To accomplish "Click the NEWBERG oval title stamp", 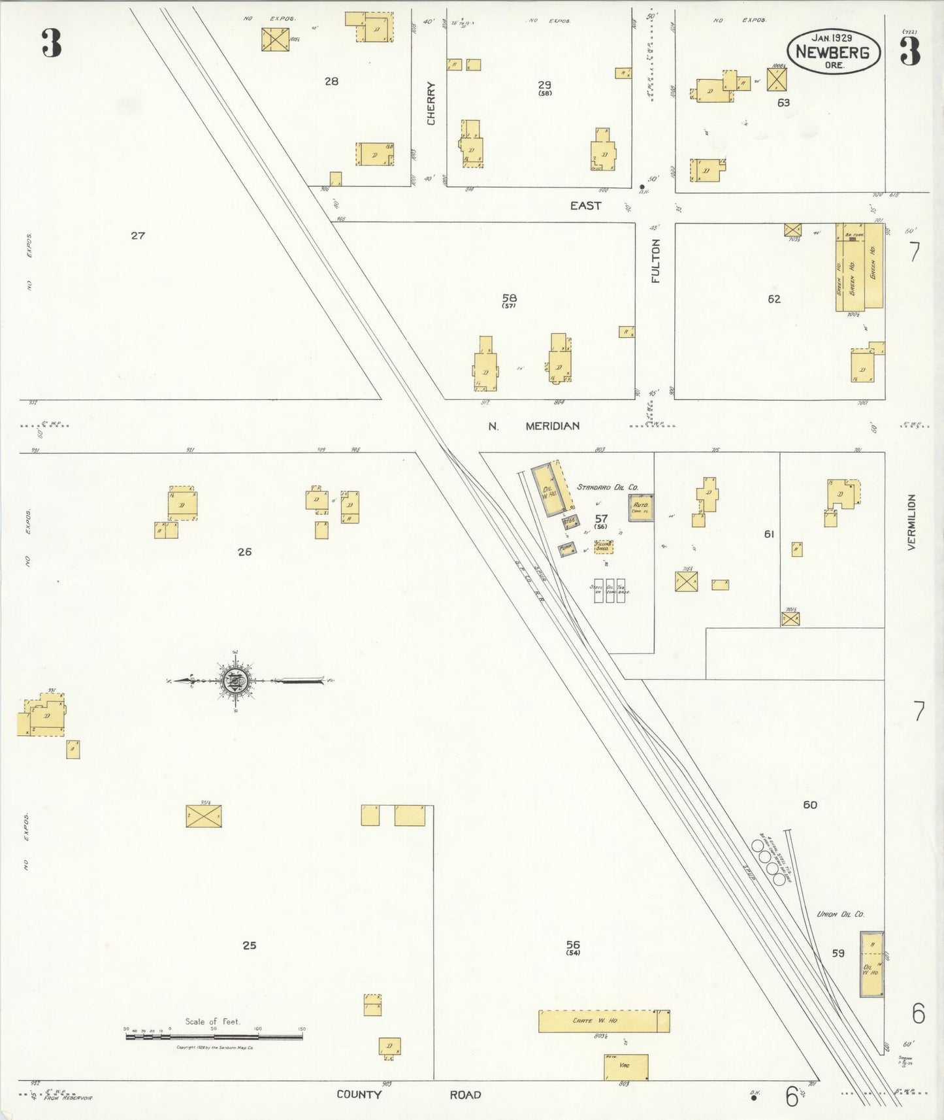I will tap(833, 52).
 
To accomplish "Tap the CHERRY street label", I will tap(431, 103).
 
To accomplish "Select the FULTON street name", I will tap(656, 261).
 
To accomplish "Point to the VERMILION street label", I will tap(911, 521).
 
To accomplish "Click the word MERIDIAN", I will tap(553, 426).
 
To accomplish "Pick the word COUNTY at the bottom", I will tap(359, 1095).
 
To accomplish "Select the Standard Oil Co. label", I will tap(607, 487).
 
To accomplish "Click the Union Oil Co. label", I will tap(840, 914).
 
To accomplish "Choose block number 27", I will tap(137, 235).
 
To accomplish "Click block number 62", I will tap(774, 299).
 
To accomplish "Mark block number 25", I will tap(249, 945).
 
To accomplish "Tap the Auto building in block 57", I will tap(641, 508).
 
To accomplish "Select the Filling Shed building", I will tap(603, 547).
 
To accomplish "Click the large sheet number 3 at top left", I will tap(51, 43).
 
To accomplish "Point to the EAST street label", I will tap(585, 206).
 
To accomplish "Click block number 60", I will tap(809, 805).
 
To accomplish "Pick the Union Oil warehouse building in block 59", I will tap(871, 964).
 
